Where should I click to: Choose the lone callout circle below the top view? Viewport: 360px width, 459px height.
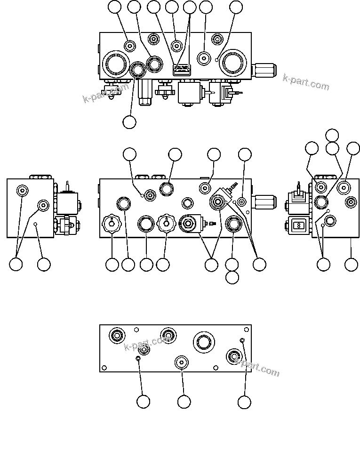pyautogui.click(x=129, y=121)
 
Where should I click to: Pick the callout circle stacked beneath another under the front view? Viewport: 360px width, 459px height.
pyautogui.click(x=232, y=278)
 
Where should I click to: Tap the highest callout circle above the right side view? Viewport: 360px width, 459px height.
pyautogui.click(x=332, y=135)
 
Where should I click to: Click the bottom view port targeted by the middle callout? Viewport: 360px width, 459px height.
pyautogui.click(x=182, y=362)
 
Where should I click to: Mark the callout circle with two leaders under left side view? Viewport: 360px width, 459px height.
pyautogui.click(x=16, y=265)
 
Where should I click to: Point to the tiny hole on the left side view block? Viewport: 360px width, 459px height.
pyautogui.click(x=36, y=225)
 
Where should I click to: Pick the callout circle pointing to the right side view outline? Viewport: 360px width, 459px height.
pyautogui.click(x=351, y=265)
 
